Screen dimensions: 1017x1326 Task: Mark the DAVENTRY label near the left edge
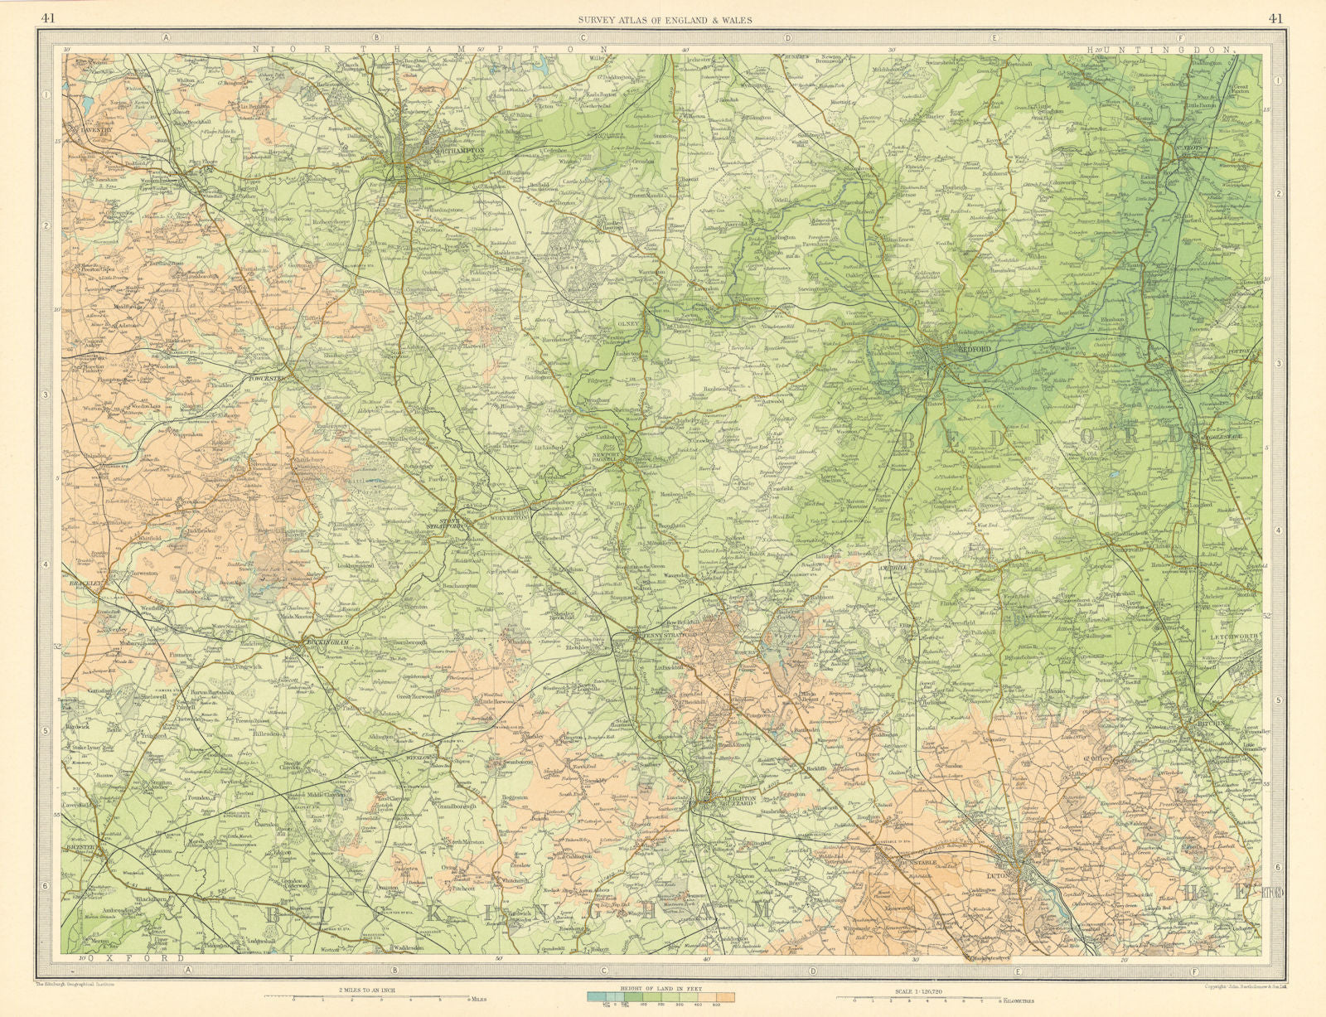pyautogui.click(x=90, y=129)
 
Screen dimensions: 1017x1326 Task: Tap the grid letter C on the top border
pyautogui.click(x=583, y=37)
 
